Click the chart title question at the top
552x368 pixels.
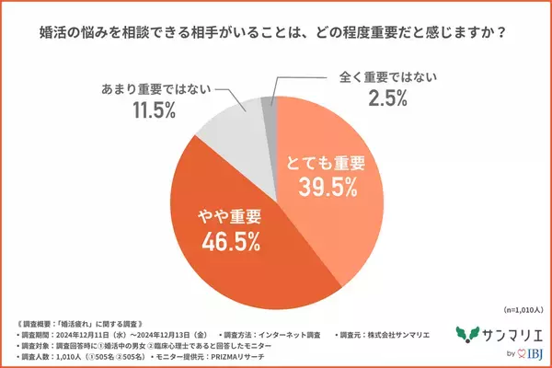tap(275, 32)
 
